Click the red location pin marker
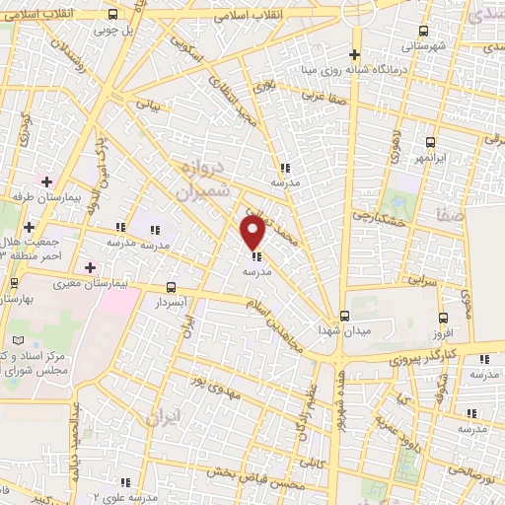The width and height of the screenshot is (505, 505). point(253,232)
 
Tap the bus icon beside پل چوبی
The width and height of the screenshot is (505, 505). point(113,14)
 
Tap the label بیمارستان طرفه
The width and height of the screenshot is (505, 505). point(70,197)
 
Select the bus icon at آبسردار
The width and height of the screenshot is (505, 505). point(172,288)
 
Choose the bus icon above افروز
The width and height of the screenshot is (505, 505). point(443,318)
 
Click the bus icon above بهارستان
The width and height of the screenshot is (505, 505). point(13,282)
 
